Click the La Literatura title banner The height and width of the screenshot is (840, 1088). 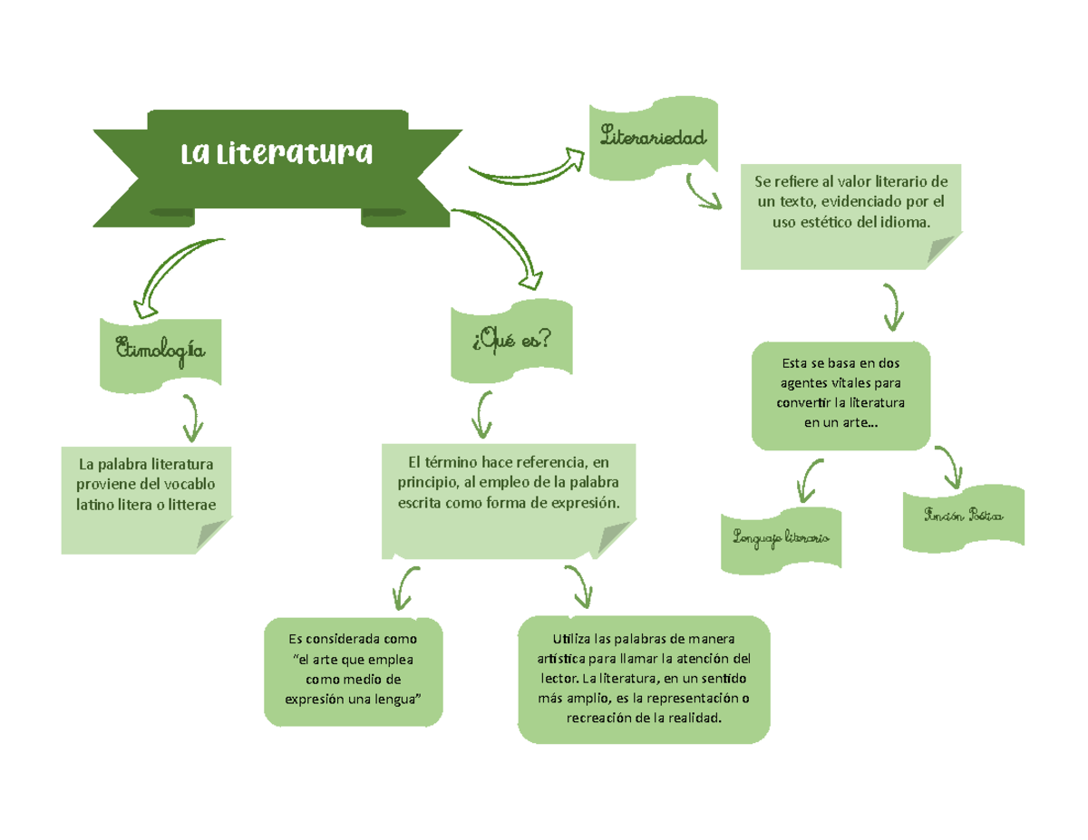click(x=277, y=156)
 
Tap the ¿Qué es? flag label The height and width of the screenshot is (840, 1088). click(x=511, y=341)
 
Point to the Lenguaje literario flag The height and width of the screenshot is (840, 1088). click(x=780, y=540)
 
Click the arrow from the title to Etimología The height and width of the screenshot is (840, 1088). click(x=172, y=272)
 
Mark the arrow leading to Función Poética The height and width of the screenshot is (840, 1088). click(x=948, y=468)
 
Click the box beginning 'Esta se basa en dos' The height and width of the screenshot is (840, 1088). click(x=841, y=395)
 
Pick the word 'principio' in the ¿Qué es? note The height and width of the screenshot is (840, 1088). click(x=430, y=481)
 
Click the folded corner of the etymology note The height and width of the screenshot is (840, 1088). click(x=214, y=536)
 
